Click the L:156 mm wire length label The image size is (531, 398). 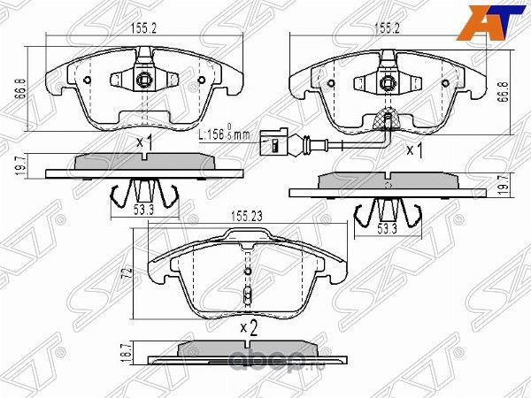(225, 135)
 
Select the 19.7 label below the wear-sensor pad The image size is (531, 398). (504, 184)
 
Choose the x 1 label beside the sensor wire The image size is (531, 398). (413, 151)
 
